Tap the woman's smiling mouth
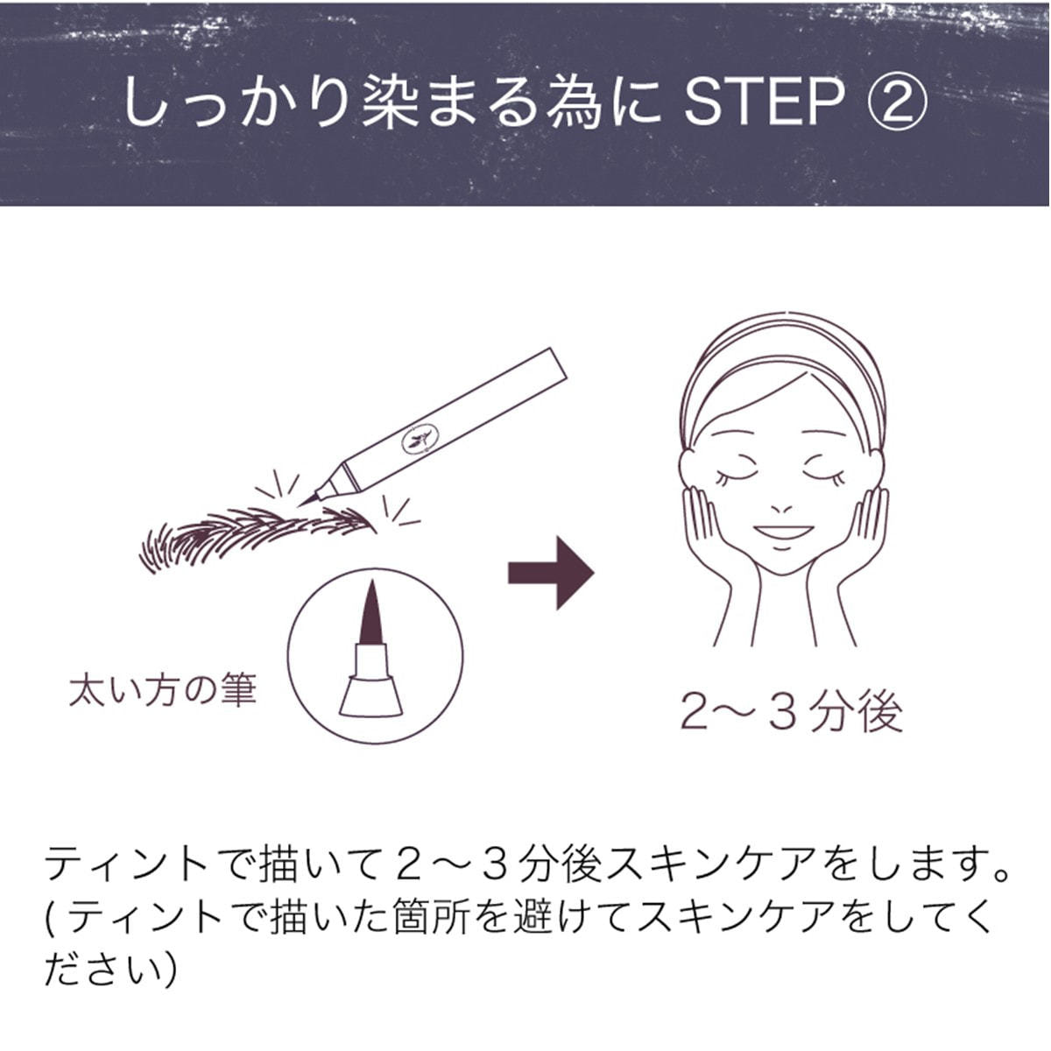[x=783, y=532]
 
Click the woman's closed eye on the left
[x=736, y=476]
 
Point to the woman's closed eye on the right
[x=825, y=476]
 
